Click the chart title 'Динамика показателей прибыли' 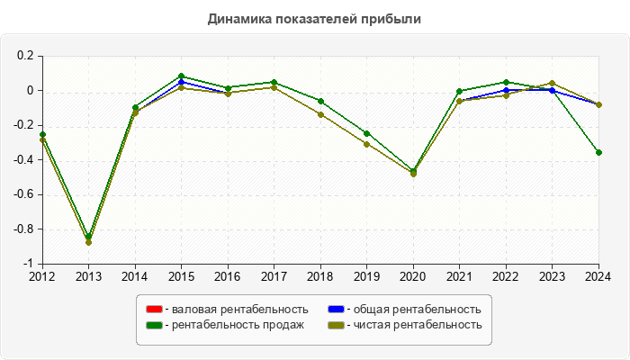[314, 18]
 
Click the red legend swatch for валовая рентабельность [154, 309]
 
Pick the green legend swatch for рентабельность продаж [154, 325]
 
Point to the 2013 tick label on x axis [88, 276]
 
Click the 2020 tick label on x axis [413, 276]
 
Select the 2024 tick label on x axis [598, 276]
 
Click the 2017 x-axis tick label [274, 276]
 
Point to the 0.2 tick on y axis [25, 56]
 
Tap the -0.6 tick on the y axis [22, 194]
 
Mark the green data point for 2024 [598, 152]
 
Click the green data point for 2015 [181, 76]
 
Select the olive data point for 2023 [552, 83]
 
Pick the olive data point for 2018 [320, 114]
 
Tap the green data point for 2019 [366, 133]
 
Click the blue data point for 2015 [181, 82]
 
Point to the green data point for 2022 [506, 82]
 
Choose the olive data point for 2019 [366, 144]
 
